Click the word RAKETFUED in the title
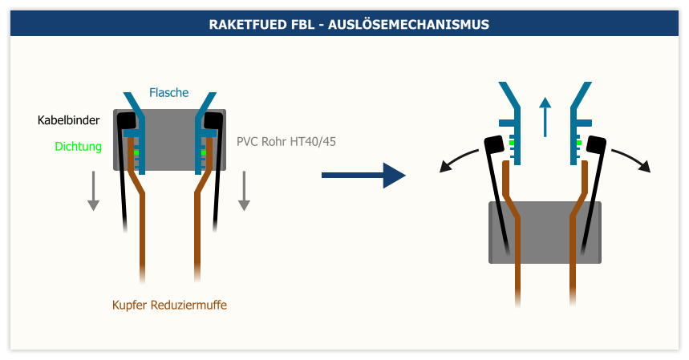245,25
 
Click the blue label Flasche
168,92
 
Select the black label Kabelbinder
68,120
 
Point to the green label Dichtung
78,146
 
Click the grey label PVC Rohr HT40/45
286,142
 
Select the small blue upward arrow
545,116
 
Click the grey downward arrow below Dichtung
93,192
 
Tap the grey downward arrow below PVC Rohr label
244,192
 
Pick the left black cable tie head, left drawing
126,120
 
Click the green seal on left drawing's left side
136,152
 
